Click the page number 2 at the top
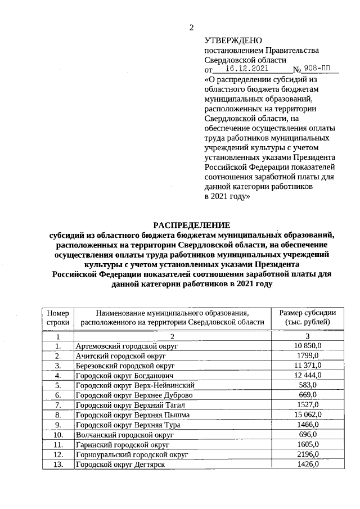pos(191,28)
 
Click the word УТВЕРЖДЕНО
pos(233,40)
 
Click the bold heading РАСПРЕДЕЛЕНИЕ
pos(192,226)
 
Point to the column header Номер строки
pos(58,317)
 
